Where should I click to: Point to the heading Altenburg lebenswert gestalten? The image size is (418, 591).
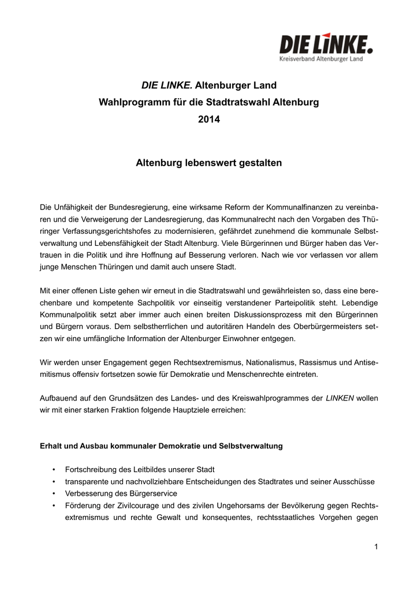[x=208, y=163]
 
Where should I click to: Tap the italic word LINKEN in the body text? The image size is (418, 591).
[x=340, y=398]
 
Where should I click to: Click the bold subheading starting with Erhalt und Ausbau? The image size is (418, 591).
[x=161, y=446]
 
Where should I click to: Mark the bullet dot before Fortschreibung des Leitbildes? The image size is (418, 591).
[x=54, y=469]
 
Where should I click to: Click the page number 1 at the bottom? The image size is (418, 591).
[x=375, y=547]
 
